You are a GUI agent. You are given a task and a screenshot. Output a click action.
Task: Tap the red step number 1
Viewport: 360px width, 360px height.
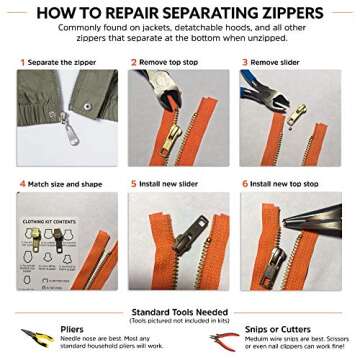22,62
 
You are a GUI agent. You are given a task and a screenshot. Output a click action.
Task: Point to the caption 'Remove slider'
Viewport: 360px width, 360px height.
275,62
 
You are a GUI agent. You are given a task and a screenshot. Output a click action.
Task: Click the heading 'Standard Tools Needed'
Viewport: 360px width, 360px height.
179,312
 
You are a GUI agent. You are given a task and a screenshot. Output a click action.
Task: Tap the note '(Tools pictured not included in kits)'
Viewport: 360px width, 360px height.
179,320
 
